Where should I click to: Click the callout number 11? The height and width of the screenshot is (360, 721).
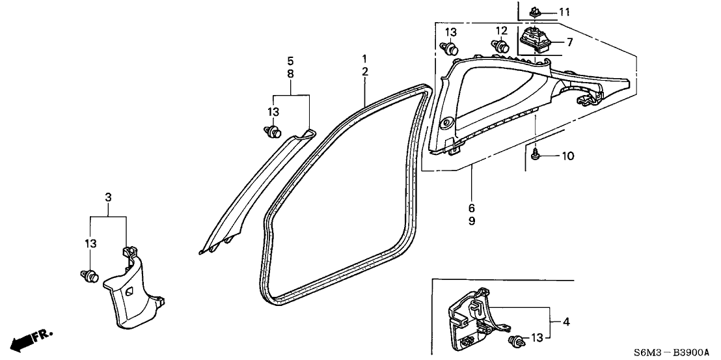[564, 12]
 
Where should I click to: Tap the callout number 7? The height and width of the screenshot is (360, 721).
[569, 43]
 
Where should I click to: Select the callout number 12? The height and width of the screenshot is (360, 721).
[501, 31]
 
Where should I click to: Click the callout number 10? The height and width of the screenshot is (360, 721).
[568, 156]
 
